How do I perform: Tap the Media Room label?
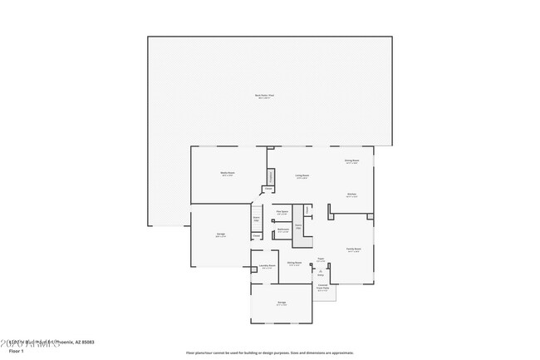227,174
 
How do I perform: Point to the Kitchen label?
352,195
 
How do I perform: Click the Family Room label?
352,250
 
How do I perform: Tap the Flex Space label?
282,213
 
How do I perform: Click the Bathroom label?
282,230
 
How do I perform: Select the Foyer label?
320,259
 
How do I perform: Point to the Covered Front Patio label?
322,289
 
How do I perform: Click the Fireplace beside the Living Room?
271,176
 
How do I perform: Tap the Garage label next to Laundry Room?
282,304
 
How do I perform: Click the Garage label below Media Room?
221,235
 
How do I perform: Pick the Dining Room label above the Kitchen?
352,161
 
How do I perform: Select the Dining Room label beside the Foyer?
294,264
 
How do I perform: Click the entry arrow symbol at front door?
320,271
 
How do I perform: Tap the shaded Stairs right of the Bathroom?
298,229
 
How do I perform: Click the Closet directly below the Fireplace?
269,190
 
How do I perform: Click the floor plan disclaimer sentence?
269,352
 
